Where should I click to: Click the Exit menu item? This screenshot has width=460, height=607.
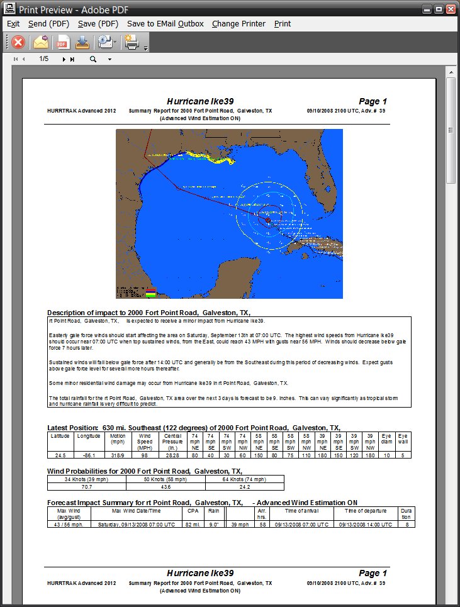(x=13, y=24)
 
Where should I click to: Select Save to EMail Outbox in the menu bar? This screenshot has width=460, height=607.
(x=165, y=24)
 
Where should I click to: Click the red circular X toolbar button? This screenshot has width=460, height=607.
(x=18, y=42)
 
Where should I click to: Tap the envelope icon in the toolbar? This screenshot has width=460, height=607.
(x=41, y=42)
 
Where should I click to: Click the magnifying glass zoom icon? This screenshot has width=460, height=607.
(x=93, y=59)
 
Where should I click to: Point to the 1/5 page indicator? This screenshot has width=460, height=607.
(x=43, y=59)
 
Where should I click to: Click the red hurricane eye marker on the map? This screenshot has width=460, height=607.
(x=268, y=220)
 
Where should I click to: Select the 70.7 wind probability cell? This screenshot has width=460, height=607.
(x=87, y=487)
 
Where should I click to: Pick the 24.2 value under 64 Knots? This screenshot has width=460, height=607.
(x=244, y=487)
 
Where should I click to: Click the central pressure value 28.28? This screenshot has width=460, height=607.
(x=172, y=455)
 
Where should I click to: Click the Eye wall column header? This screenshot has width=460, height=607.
(x=403, y=439)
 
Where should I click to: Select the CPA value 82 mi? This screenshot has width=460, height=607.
(x=193, y=524)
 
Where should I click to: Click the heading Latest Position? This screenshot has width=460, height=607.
(x=73, y=428)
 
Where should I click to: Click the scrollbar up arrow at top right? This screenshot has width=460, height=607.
(x=451, y=73)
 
